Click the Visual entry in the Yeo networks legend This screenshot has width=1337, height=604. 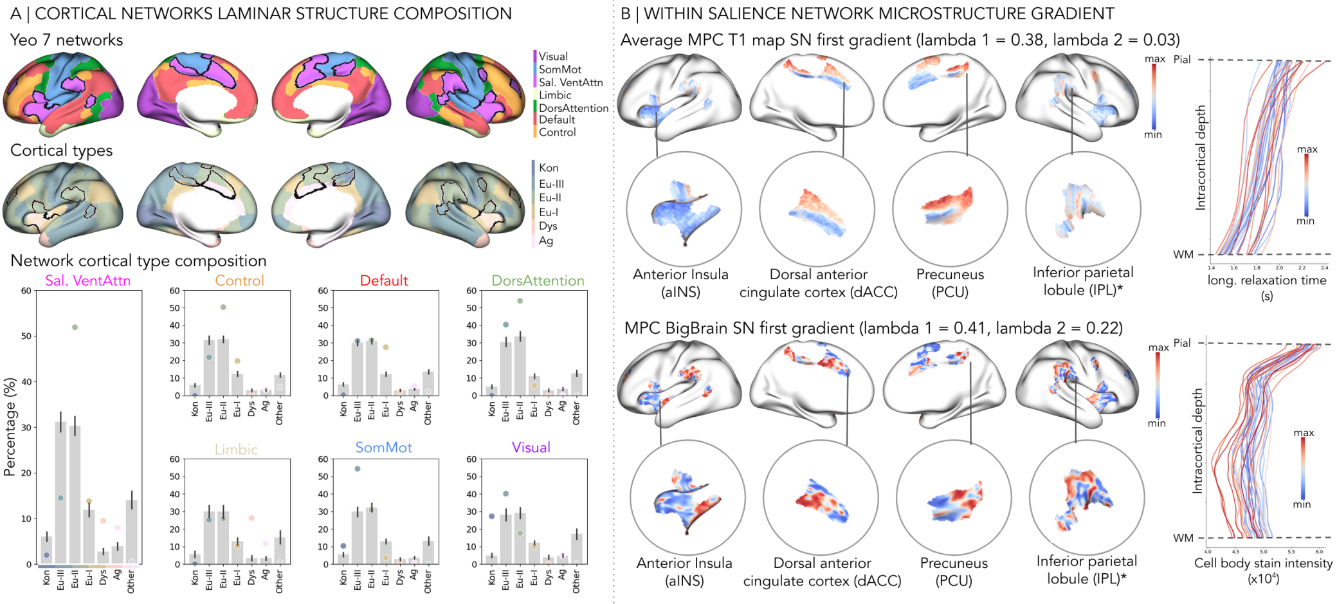(x=552, y=57)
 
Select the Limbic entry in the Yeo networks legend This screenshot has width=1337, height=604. (x=554, y=95)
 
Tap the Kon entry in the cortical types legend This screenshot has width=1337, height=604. (x=548, y=168)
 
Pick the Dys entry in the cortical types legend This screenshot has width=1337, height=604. (x=547, y=226)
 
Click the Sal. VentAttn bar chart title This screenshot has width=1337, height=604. (x=87, y=281)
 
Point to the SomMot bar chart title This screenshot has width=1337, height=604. (x=383, y=448)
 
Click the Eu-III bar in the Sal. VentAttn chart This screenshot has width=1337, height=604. (x=60, y=493)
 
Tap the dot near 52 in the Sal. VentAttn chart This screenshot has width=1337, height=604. (x=75, y=327)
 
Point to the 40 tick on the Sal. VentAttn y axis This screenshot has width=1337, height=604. (x=26, y=382)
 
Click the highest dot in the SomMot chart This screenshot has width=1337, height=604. (x=357, y=469)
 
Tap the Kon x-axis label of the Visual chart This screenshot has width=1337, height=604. (x=491, y=578)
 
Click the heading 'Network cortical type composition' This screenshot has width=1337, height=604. (x=138, y=261)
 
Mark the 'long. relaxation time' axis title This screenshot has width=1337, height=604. (x=1266, y=281)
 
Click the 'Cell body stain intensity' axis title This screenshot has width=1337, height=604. (x=1263, y=563)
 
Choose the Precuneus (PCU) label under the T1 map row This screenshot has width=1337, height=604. (x=950, y=282)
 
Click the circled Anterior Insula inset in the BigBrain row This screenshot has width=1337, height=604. (x=687, y=497)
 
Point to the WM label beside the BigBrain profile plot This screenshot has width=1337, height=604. (x=1183, y=538)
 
